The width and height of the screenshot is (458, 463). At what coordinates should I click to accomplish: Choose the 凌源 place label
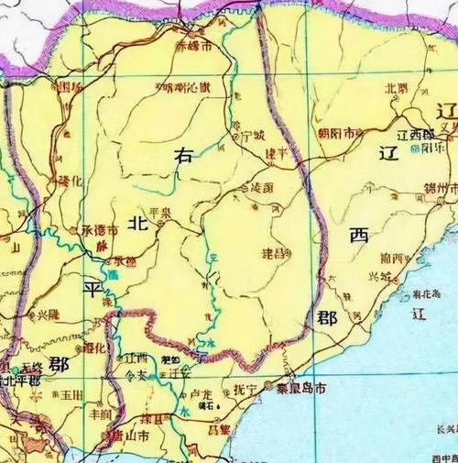point(262,186)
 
